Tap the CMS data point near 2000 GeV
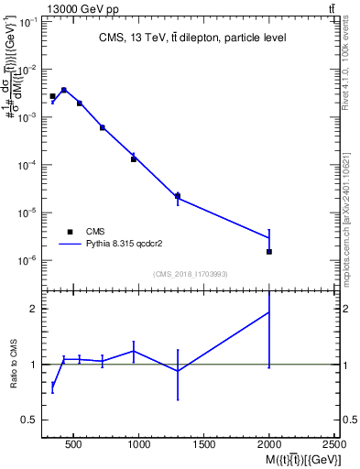pos(269,251)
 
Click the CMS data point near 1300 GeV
pos(178,195)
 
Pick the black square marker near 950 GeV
pos(134,159)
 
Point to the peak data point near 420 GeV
pos(64,90)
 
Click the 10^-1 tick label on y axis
pos(27,22)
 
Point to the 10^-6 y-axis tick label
pos(27,260)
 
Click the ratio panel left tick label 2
pos(33,309)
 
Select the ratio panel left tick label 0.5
pos(28,420)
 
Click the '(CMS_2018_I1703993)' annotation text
pos(191,274)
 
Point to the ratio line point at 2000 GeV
pos(269,312)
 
